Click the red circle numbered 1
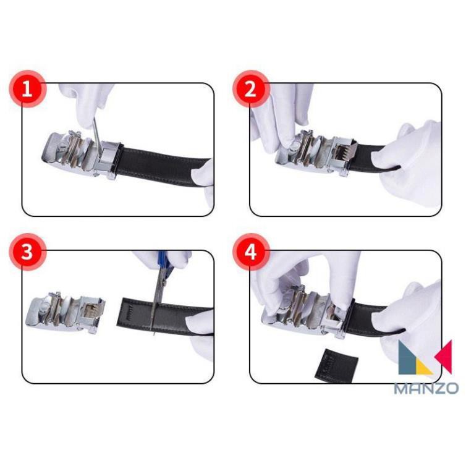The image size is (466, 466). coord(27,88)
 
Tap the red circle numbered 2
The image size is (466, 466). coord(250,88)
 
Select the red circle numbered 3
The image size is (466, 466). coord(27,252)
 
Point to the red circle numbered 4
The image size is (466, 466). coord(250,252)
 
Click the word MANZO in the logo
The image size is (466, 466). coord(426,388)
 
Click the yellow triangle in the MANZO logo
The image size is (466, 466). coord(423,366)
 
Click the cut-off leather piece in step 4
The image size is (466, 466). coord(336,365)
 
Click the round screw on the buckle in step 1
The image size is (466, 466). coord(64,146)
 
